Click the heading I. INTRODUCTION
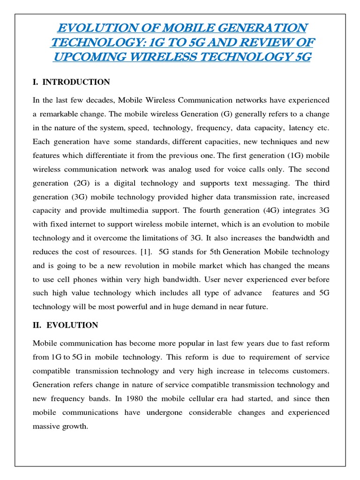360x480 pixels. (x=71, y=82)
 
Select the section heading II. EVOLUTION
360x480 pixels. (x=65, y=325)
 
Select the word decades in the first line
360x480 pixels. (x=97, y=100)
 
